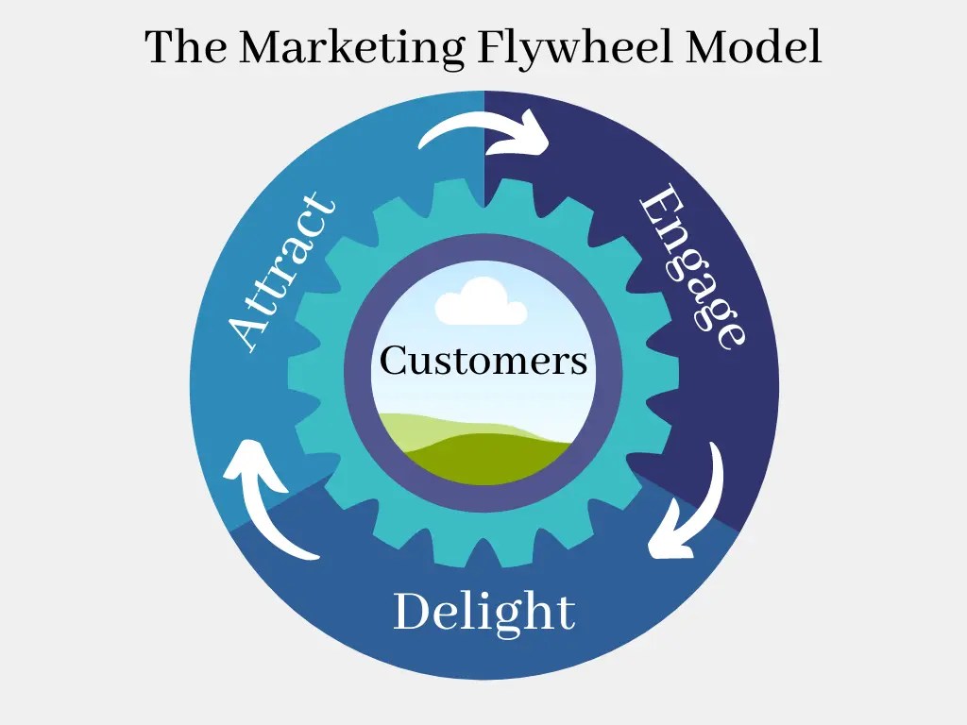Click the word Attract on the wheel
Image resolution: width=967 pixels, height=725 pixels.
(282, 273)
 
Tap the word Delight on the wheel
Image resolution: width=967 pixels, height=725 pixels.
(483, 611)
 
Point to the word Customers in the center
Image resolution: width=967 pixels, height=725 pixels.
(483, 361)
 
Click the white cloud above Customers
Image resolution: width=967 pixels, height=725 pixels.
(482, 302)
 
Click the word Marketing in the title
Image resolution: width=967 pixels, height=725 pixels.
(350, 47)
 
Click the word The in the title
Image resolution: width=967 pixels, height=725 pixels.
(185, 47)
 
